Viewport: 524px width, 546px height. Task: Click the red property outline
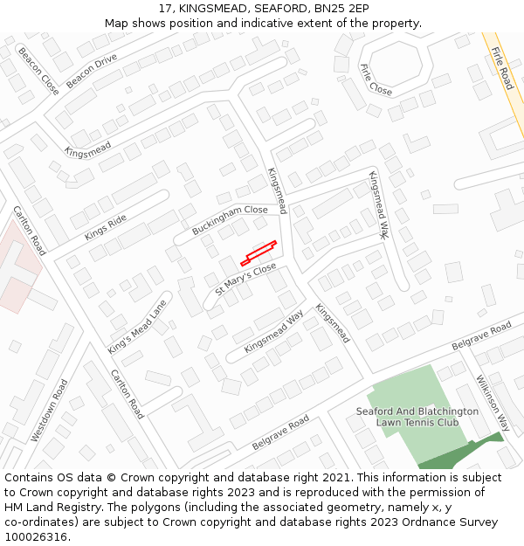coord(259,252)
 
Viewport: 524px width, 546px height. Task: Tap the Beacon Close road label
coord(38,71)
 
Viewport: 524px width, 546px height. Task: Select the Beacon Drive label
coord(92,70)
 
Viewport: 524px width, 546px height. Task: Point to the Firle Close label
coord(376,79)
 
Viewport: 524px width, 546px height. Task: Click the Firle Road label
coord(502,67)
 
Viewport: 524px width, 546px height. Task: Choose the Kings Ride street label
coord(106,227)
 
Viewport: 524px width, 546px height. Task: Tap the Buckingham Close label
coord(230,220)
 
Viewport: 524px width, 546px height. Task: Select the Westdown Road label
coord(49,409)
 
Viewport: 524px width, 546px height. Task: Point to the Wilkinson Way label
coord(493,403)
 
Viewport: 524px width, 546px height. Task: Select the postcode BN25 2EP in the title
coord(338,9)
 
